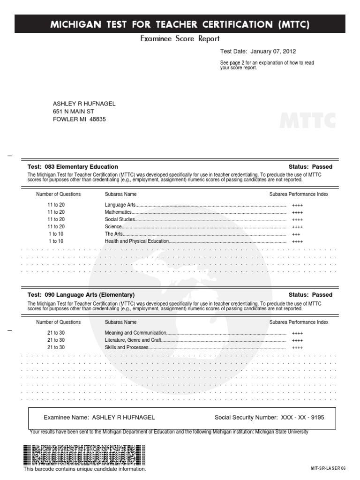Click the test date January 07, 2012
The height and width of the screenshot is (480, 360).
[273, 52]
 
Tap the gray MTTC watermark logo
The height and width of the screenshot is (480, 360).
[307, 120]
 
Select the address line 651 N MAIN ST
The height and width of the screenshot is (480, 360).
[73, 112]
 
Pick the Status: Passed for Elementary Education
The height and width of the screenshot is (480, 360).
[310, 167]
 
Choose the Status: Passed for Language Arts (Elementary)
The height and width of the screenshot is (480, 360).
[310, 295]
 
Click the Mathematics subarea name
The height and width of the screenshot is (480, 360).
[118, 212]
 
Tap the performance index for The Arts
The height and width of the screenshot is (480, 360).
[296, 234]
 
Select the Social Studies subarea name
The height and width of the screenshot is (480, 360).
[120, 219]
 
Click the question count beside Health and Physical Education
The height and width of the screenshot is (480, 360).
[55, 241]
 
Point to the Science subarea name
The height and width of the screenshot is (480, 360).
[113, 227]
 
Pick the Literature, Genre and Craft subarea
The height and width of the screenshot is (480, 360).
[133, 340]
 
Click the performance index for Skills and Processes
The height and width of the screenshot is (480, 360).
[297, 348]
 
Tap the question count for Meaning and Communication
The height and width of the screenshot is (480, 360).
[56, 333]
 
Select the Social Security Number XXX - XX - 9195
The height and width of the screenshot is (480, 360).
[302, 417]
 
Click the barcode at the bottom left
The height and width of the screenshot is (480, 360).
[84, 455]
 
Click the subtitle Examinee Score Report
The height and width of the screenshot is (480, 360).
[180, 39]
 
